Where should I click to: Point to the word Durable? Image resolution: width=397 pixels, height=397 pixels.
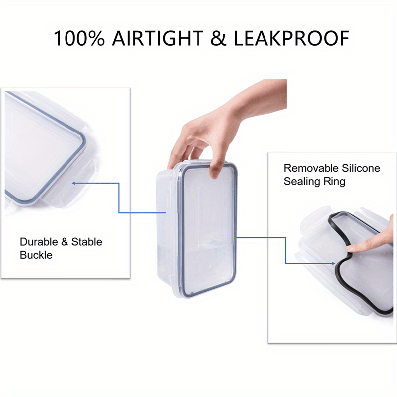pos(37,242)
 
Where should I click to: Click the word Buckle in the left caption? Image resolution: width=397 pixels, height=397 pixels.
pos(36,255)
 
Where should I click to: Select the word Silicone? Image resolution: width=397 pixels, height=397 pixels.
pos(360,168)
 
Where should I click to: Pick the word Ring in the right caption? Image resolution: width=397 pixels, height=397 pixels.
pos(335,182)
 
